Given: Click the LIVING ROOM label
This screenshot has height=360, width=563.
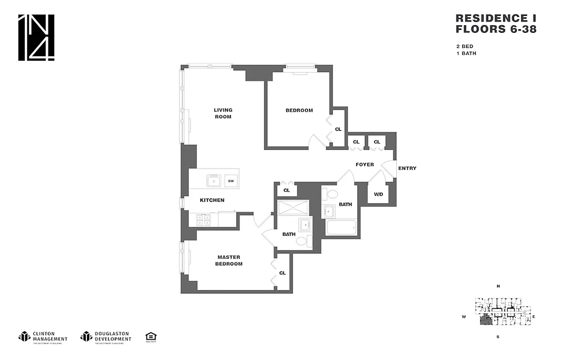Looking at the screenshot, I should pyautogui.click(x=223, y=113).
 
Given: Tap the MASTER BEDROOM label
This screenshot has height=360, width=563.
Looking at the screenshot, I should pyautogui.click(x=228, y=261).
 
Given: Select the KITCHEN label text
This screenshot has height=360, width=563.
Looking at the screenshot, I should pyautogui.click(x=212, y=200).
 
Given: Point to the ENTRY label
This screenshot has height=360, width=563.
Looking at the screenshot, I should pyautogui.click(x=407, y=168).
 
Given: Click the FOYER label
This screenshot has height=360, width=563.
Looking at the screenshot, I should pyautogui.click(x=365, y=165).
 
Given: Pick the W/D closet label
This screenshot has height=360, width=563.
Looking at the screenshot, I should pyautogui.click(x=378, y=194).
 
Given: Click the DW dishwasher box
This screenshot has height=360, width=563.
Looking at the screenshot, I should pyautogui.click(x=231, y=181).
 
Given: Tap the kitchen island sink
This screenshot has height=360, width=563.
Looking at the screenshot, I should pyautogui.click(x=214, y=181).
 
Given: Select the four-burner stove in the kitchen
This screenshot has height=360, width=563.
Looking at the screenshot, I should pyautogui.click(x=203, y=220).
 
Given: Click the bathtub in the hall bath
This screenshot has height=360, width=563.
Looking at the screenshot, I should pyautogui.click(x=342, y=227).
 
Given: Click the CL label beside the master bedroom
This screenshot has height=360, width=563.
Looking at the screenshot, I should pyautogui.click(x=282, y=273).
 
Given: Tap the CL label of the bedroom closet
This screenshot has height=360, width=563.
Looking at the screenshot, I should pyautogui.click(x=338, y=130).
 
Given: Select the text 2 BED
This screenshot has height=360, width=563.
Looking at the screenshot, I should pyautogui.click(x=464, y=46).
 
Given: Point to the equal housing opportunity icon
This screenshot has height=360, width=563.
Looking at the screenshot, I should pyautogui.click(x=151, y=337).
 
